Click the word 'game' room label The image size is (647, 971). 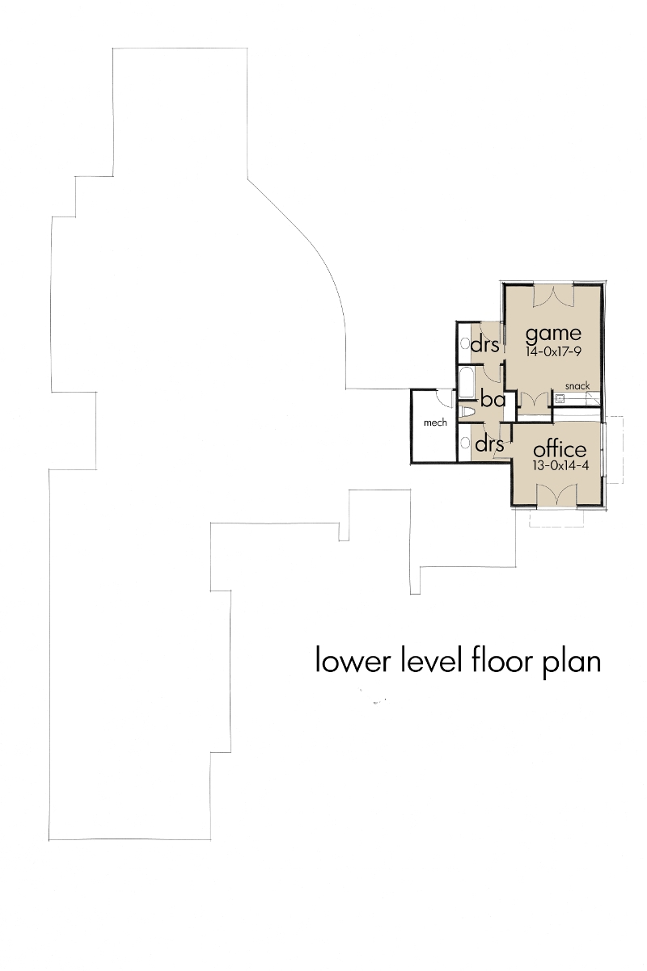(553, 333)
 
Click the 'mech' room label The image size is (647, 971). (435, 422)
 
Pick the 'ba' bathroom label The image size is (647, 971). (493, 399)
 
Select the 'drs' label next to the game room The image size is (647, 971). (485, 345)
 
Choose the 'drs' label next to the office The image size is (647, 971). (489, 444)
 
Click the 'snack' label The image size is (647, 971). (577, 386)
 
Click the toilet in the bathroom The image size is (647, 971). (466, 412)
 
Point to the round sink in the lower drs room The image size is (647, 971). (465, 443)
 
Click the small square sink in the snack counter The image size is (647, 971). (559, 397)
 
